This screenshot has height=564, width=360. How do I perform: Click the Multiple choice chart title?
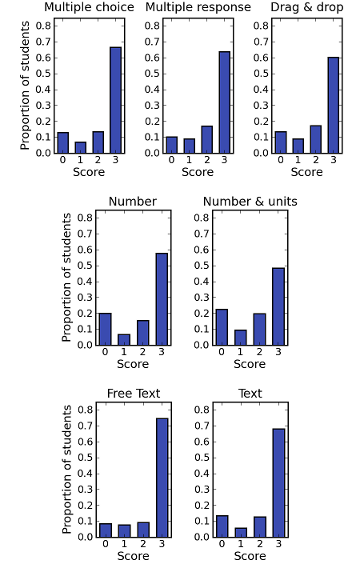[x=89, y=7]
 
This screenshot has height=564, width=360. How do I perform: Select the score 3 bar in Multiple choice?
[x=115, y=100]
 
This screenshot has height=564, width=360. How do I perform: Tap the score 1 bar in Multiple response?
[x=189, y=146]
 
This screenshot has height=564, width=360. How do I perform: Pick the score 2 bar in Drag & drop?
[x=315, y=139]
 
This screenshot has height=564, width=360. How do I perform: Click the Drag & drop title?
[x=306, y=7]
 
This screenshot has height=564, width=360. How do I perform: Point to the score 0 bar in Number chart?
[x=105, y=329]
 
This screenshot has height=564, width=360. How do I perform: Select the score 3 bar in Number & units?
[x=278, y=306]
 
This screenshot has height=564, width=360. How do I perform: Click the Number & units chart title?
[x=250, y=202]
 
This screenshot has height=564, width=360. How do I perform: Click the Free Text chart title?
[x=134, y=394]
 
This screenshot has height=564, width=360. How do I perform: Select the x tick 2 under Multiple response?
[x=206, y=159]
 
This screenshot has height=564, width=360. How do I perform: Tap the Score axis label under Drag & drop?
[x=306, y=172]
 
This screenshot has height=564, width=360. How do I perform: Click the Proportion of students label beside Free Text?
[x=67, y=470]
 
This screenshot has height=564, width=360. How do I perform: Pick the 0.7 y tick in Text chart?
[x=202, y=426]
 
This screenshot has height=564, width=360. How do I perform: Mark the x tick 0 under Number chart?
[x=105, y=351]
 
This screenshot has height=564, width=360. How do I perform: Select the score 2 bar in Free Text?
[x=143, y=530]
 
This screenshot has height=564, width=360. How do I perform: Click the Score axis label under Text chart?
[x=250, y=556]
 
